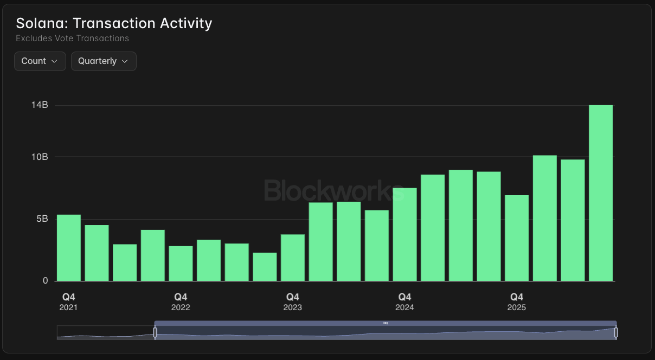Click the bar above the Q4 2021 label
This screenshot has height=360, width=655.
coord(69,248)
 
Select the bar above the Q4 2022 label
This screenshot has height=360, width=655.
coord(181,263)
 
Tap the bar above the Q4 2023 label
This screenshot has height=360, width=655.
coord(293,258)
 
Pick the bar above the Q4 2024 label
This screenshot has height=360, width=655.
coord(404,235)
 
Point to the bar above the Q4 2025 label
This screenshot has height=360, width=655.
coord(517,238)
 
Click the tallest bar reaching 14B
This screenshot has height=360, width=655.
coord(601,193)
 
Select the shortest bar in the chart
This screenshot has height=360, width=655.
coord(265,267)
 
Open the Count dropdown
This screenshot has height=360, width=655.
coord(40,61)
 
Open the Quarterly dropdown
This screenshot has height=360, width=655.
coord(104,61)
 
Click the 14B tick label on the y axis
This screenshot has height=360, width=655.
coord(40,105)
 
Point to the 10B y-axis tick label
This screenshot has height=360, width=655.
coord(40,157)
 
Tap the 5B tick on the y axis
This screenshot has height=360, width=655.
coord(42,218)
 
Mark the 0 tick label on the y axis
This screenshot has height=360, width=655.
coord(46,281)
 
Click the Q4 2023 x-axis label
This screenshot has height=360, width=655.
coord(293,302)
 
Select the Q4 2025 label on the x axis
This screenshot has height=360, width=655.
coord(517,302)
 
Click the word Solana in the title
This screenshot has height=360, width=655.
coord(42,23)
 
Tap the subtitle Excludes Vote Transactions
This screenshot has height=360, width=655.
coord(72,38)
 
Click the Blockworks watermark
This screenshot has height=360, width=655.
coord(334,191)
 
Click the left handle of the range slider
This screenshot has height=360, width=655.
coord(155,332)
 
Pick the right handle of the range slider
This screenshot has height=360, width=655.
coord(616,332)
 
